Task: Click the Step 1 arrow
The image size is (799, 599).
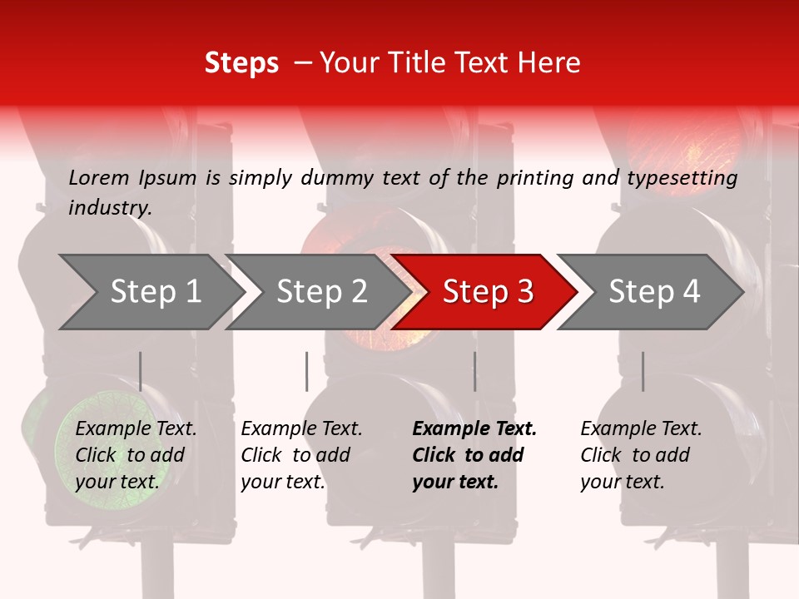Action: pos(150,292)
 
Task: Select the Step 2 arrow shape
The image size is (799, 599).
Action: pos(316,292)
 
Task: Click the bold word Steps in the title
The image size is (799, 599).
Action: pos(241,63)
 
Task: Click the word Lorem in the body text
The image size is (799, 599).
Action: pos(99,178)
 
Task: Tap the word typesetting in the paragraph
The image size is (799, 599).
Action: pos(682,178)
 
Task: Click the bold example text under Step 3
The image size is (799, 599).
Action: pos(474,455)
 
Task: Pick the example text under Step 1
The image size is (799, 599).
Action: pos(135,455)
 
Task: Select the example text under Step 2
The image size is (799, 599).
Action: pos(301,455)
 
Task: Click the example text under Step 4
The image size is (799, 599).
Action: pos(640,455)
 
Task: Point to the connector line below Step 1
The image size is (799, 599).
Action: pos(141,371)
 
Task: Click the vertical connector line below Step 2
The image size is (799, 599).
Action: pos(307,371)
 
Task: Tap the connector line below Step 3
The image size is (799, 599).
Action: pos(475,371)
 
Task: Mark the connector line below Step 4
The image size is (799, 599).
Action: pos(643,371)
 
